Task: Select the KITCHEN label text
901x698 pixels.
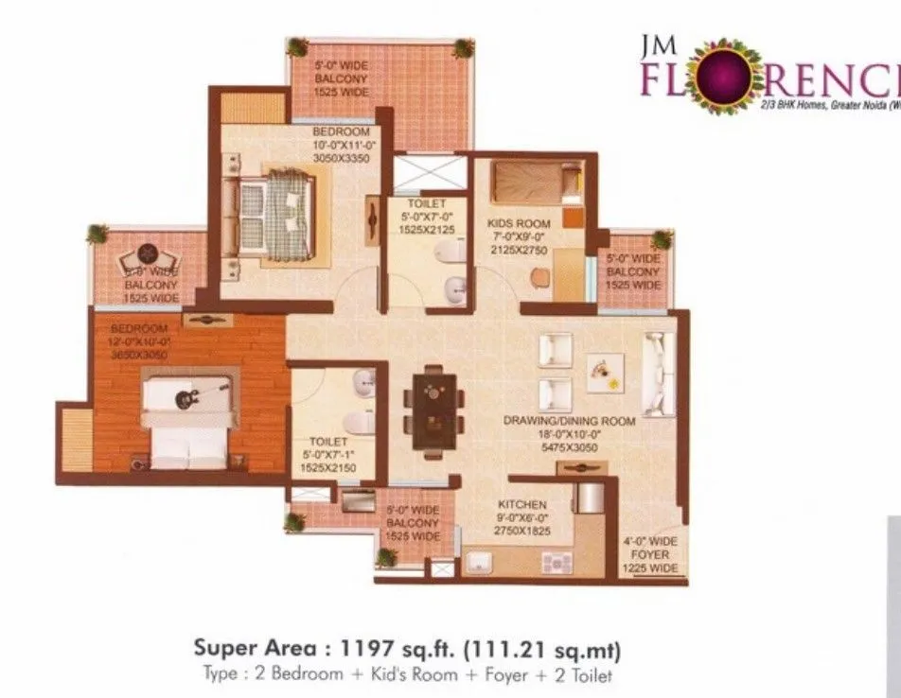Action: click(x=522, y=506)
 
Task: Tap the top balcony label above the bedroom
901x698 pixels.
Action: click(x=341, y=80)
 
